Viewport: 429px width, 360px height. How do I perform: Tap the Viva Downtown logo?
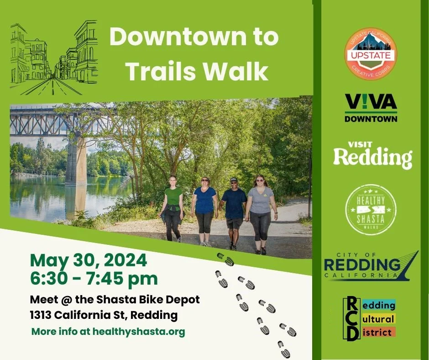(371, 108)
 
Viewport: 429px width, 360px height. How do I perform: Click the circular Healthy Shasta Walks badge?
(370, 210)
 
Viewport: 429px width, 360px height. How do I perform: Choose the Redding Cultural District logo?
(369, 319)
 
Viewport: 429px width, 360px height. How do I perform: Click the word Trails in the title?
(161, 71)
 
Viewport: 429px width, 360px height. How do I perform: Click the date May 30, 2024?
(89, 261)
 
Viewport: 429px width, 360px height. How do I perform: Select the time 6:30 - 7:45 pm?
(94, 278)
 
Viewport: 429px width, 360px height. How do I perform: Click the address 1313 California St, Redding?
(104, 315)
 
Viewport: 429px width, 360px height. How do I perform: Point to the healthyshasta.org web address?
(139, 332)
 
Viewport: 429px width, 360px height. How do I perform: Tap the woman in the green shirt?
(173, 208)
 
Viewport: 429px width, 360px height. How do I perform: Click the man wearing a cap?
(234, 212)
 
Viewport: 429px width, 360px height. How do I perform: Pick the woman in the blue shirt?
(204, 211)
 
